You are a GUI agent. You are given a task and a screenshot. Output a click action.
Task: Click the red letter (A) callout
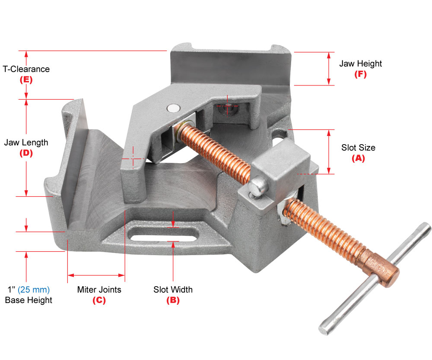pyautogui.click(x=358, y=158)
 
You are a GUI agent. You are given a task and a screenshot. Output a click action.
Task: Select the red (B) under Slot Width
pyautogui.click(x=173, y=300)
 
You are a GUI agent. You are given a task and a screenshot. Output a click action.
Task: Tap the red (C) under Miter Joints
pyautogui.click(x=99, y=300)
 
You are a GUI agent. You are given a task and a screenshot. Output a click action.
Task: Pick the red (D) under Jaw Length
pyautogui.click(x=26, y=153)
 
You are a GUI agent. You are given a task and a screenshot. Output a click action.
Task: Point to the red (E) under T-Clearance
pyautogui.click(x=26, y=80)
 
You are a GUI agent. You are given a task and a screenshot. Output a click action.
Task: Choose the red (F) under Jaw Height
pyautogui.click(x=360, y=74)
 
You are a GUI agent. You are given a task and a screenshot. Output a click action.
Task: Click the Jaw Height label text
pyautogui.click(x=360, y=63)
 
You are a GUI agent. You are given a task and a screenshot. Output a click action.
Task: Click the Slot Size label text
pyautogui.click(x=358, y=148)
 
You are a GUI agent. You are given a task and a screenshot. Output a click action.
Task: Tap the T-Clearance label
pyautogui.click(x=26, y=69)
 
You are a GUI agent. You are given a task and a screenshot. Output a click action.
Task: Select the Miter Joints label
pyautogui.click(x=99, y=290)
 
